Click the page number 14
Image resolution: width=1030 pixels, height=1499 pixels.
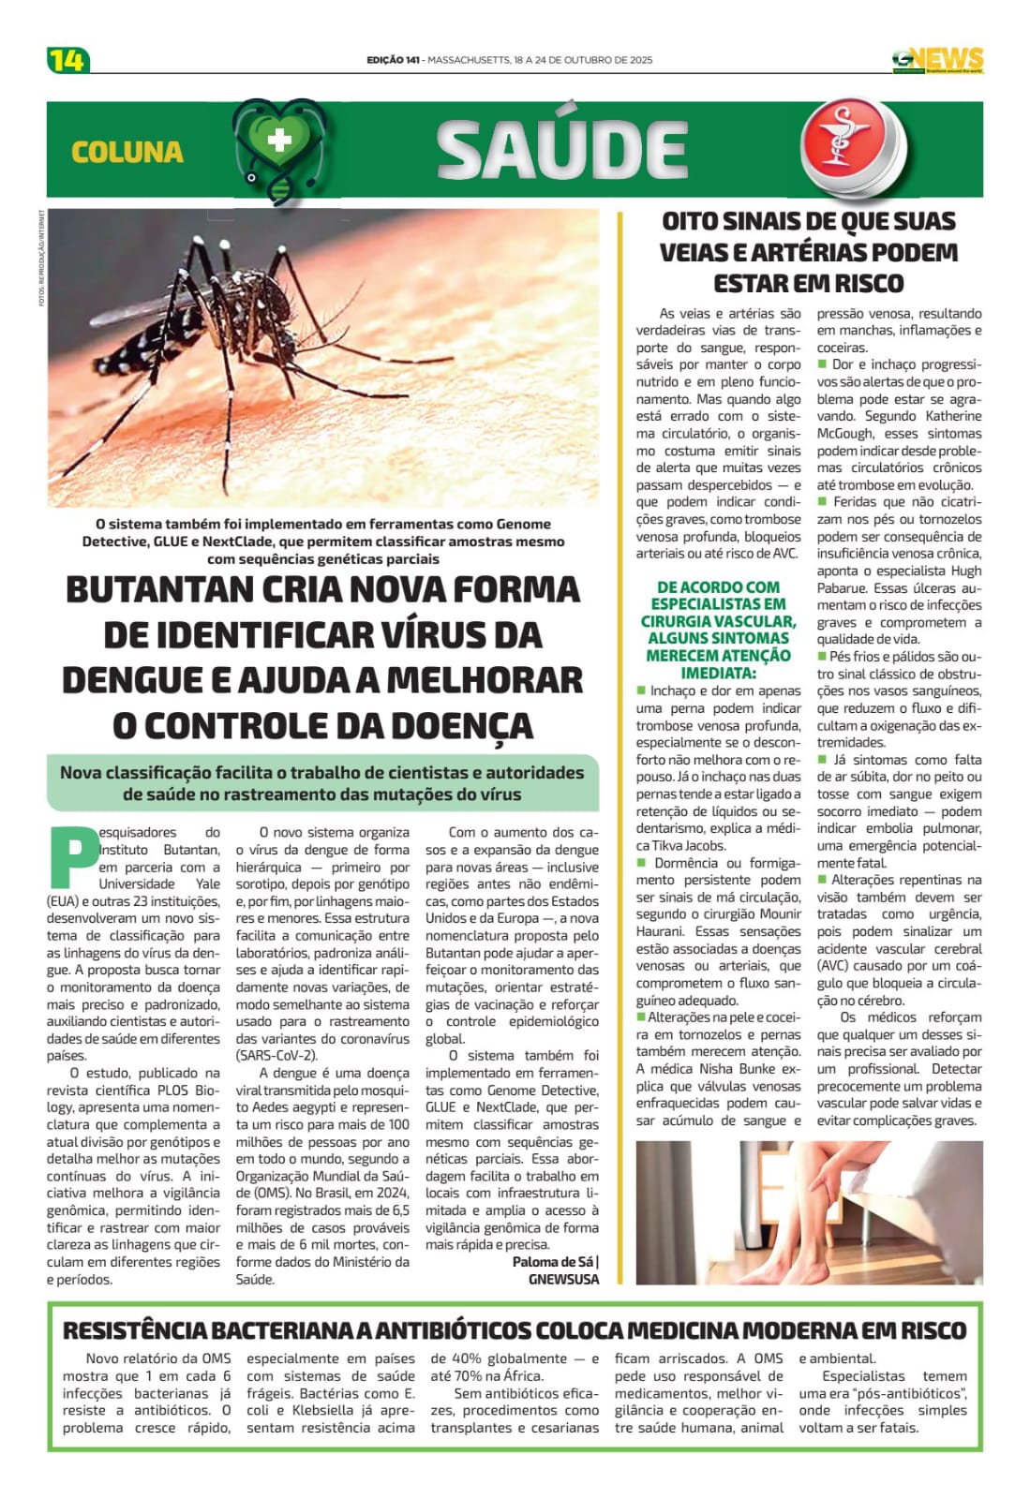67,60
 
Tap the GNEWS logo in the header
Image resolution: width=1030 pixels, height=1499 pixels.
937,60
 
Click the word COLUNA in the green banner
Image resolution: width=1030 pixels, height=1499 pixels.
127,152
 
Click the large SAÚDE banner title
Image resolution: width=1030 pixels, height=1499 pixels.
562,150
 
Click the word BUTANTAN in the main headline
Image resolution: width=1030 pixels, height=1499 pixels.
168,590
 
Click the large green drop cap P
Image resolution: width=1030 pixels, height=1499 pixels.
72,855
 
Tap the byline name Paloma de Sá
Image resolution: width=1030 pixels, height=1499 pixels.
552,1262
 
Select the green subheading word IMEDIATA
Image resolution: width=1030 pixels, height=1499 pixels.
718,673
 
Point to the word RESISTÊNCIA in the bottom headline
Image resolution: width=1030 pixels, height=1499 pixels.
134,1330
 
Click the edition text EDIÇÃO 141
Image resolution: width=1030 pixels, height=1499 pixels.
393,60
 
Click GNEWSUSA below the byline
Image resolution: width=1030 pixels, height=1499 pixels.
563,1279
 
